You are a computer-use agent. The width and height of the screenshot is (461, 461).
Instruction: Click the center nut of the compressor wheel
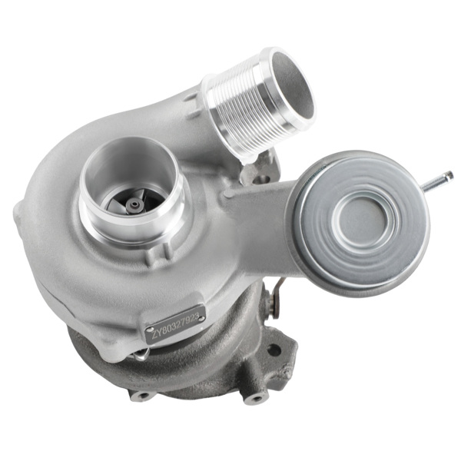(135, 204)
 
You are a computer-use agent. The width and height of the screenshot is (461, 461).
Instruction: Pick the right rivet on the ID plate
(201, 316)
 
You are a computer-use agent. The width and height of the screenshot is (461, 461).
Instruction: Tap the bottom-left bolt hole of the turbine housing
(142, 396)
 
